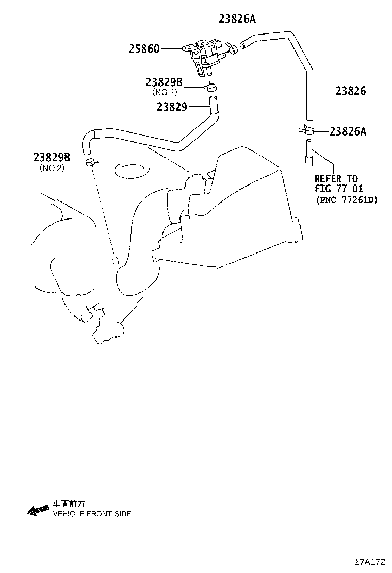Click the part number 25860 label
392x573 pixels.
click(x=144, y=49)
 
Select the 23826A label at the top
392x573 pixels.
click(x=237, y=19)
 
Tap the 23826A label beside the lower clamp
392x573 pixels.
click(x=348, y=131)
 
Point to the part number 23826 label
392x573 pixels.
click(x=351, y=91)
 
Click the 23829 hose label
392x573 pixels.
click(x=172, y=107)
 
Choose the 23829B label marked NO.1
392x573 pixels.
click(x=164, y=82)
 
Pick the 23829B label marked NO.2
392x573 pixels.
click(x=52, y=157)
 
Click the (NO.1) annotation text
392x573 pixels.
click(x=165, y=92)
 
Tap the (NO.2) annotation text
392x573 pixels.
click(x=52, y=168)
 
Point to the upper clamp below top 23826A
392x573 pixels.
click(x=231, y=48)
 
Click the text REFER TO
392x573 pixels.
click(x=336, y=179)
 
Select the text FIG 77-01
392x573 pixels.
click(x=339, y=189)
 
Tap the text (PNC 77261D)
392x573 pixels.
click(x=347, y=200)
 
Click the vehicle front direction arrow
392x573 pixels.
click(x=38, y=511)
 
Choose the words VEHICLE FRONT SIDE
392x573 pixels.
click(x=92, y=513)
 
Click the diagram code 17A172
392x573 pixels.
click(x=370, y=561)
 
